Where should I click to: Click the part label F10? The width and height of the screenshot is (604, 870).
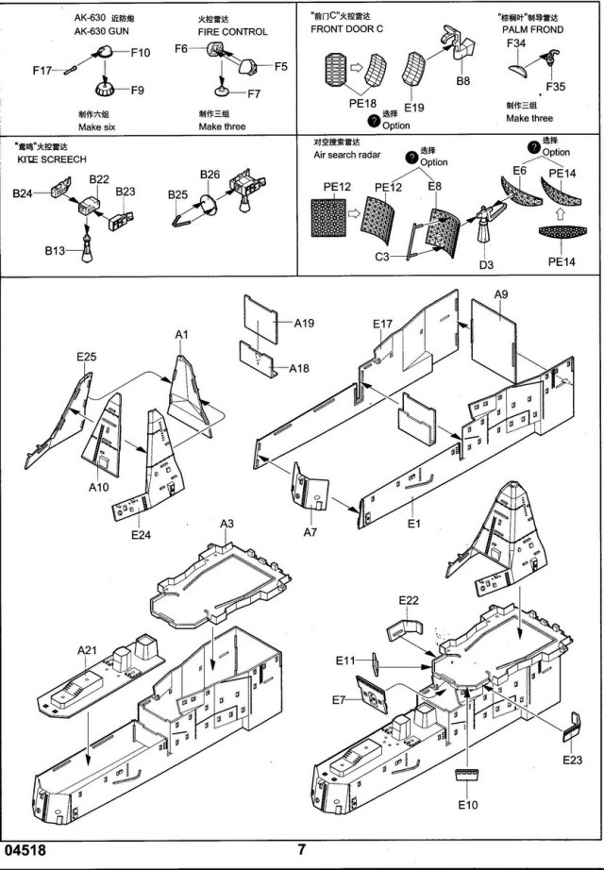tap(140, 54)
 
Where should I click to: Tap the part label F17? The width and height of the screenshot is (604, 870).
tap(42, 71)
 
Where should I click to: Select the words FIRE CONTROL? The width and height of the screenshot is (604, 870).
tap(232, 31)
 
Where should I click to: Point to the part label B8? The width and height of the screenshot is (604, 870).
tap(462, 82)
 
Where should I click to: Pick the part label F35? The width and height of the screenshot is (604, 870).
tap(555, 86)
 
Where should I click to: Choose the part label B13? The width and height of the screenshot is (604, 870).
tap(54, 253)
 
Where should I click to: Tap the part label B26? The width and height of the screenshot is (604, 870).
tap(210, 175)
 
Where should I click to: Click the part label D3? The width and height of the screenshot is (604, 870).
tap(486, 265)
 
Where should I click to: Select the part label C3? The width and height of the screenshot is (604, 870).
tap(383, 256)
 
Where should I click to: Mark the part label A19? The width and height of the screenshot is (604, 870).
tap(304, 324)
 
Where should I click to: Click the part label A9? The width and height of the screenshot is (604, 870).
tap(501, 295)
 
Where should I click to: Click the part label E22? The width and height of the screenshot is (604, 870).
tap(409, 600)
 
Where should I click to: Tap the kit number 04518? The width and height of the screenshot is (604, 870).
tap(25, 849)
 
